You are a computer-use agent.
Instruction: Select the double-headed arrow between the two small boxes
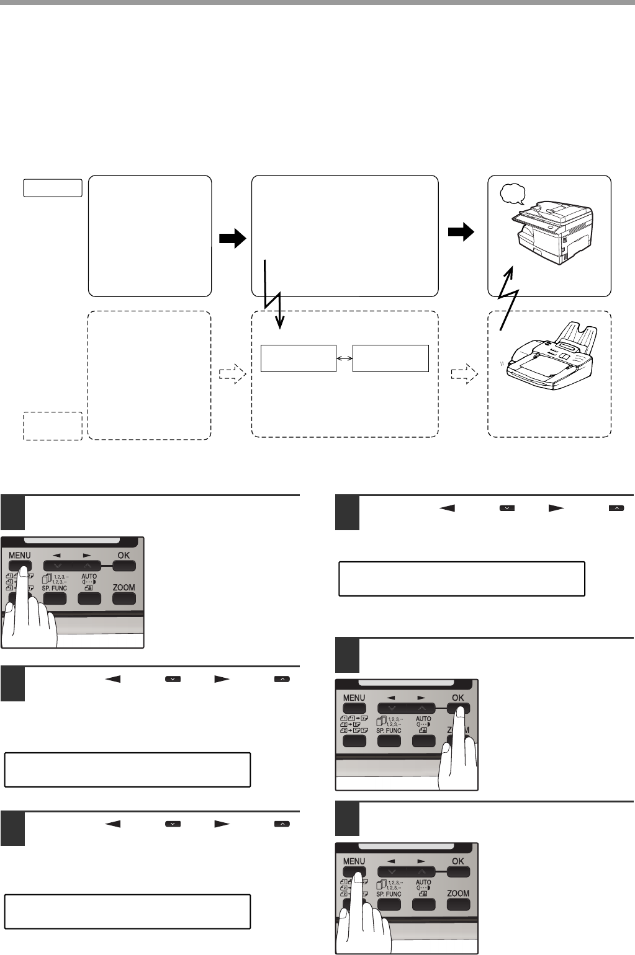[345, 358]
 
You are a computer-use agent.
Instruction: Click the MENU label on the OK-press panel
[354, 698]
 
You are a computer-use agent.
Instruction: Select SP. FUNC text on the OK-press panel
[389, 731]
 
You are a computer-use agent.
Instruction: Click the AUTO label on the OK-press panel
[423, 719]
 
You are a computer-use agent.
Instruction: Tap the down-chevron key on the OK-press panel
[391, 708]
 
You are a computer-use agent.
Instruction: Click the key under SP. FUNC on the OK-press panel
[389, 741]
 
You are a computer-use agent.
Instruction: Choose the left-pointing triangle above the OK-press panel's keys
[391, 698]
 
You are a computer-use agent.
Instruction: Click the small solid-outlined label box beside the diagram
[53, 187]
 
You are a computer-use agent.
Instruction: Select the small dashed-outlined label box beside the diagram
[53, 425]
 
